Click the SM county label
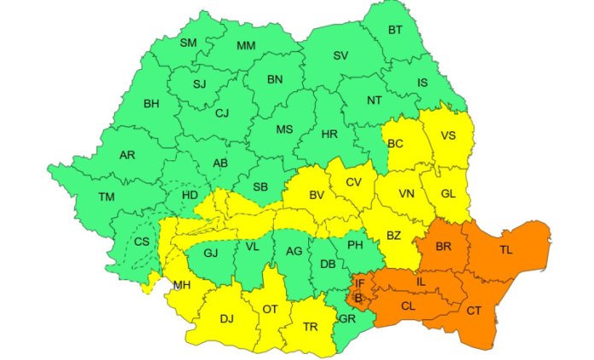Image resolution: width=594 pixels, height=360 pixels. [189, 44]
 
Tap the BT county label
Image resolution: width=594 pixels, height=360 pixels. [395, 30]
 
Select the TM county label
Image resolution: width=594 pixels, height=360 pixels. [107, 197]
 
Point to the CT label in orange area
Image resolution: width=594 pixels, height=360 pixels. [474, 311]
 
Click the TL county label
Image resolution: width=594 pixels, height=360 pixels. [506, 250]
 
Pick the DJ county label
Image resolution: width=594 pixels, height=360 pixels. [226, 319]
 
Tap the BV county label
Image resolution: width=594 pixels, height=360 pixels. [317, 195]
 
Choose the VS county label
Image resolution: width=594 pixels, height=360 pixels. [446, 134]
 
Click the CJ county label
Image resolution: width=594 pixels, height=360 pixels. [222, 113]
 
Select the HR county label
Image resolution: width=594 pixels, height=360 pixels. [329, 135]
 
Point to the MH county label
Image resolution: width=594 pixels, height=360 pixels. [182, 285]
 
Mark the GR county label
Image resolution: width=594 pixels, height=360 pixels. [346, 318]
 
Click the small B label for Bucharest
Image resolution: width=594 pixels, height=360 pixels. [358, 298]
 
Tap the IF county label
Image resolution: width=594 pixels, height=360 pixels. [359, 282]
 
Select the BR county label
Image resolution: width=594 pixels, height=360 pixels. [443, 247]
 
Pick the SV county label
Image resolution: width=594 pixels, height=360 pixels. [341, 55]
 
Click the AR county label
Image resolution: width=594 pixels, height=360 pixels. [127, 155]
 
